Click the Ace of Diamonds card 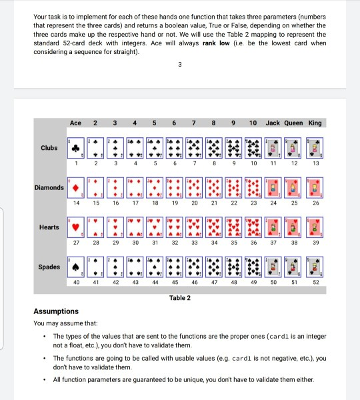click(x=77, y=188)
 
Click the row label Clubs click(x=49, y=147)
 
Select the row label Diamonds click(x=49, y=187)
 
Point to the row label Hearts click(x=49, y=227)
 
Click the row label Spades click(x=49, y=267)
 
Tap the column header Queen click(x=293, y=123)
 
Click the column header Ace click(x=75, y=123)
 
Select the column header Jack click(x=273, y=123)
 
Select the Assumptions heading click(x=56, y=311)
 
